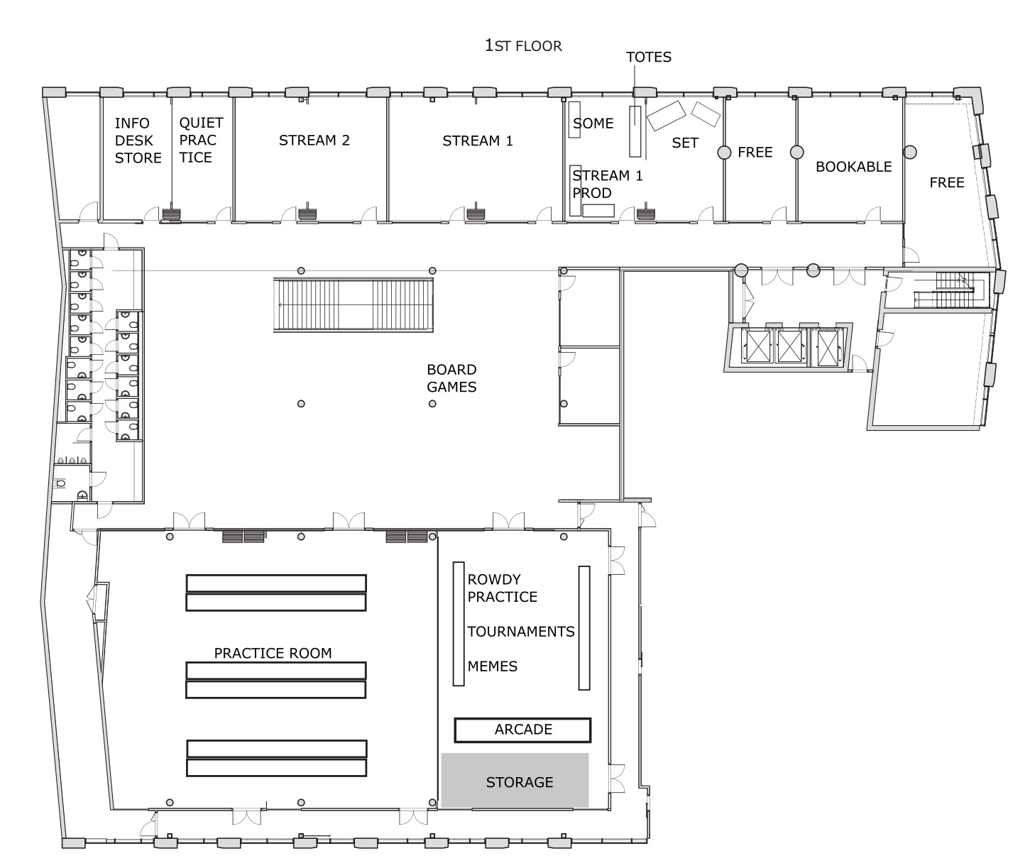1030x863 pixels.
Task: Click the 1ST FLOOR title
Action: point(523,45)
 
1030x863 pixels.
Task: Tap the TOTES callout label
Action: point(649,57)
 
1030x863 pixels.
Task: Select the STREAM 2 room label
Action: point(314,141)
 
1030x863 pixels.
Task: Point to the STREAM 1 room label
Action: point(478,141)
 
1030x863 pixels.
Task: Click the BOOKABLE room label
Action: point(853,167)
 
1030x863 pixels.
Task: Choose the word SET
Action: point(685,143)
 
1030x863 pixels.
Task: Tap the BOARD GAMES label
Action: point(451,378)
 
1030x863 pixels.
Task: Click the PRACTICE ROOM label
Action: point(273,653)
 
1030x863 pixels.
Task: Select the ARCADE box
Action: point(522,730)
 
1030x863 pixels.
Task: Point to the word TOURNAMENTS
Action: point(521,631)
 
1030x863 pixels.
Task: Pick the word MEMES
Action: point(493,666)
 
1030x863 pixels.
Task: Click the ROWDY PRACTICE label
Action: point(502,588)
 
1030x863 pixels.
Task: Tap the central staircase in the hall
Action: point(354,304)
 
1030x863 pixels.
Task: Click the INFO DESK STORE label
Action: point(138,141)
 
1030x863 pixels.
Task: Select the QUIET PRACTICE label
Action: point(202,140)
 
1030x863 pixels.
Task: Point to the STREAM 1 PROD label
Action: point(607,184)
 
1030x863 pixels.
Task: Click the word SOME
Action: point(593,123)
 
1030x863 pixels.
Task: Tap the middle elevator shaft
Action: point(790,346)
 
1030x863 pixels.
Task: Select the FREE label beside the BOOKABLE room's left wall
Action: point(755,153)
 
